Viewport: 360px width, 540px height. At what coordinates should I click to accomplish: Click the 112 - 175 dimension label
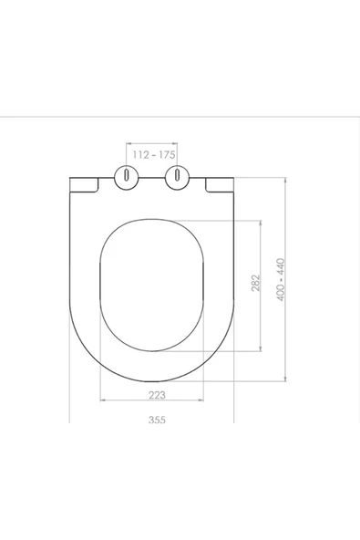click(x=152, y=155)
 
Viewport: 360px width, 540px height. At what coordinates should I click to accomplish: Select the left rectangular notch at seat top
click(x=84, y=185)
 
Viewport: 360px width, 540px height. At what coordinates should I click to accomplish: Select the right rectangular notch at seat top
click(x=221, y=185)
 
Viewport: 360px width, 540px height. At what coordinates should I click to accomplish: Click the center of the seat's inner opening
click(x=152, y=285)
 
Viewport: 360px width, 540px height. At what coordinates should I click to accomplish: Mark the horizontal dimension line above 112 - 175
click(x=152, y=145)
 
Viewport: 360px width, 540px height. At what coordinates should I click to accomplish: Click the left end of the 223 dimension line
click(x=98, y=401)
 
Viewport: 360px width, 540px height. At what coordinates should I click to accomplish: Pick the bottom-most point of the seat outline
click(x=152, y=379)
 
